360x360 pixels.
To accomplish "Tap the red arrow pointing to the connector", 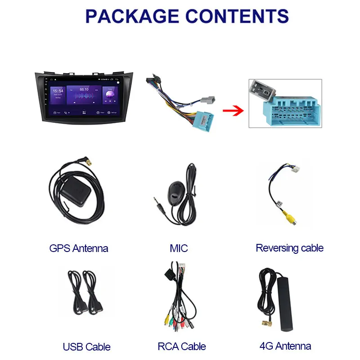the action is tap(232, 109).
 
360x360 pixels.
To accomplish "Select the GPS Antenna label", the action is tap(79, 248).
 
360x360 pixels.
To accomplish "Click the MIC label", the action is tap(179, 248).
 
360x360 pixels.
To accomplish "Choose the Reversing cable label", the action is tap(289, 247).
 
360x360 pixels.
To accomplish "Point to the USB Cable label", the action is tap(86, 347).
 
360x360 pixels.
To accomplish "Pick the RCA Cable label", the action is tap(182, 346).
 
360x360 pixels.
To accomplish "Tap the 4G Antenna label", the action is tap(285, 346).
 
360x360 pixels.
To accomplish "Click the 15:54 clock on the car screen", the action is tap(58, 91).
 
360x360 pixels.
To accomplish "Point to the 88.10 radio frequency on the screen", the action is tap(84, 90).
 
